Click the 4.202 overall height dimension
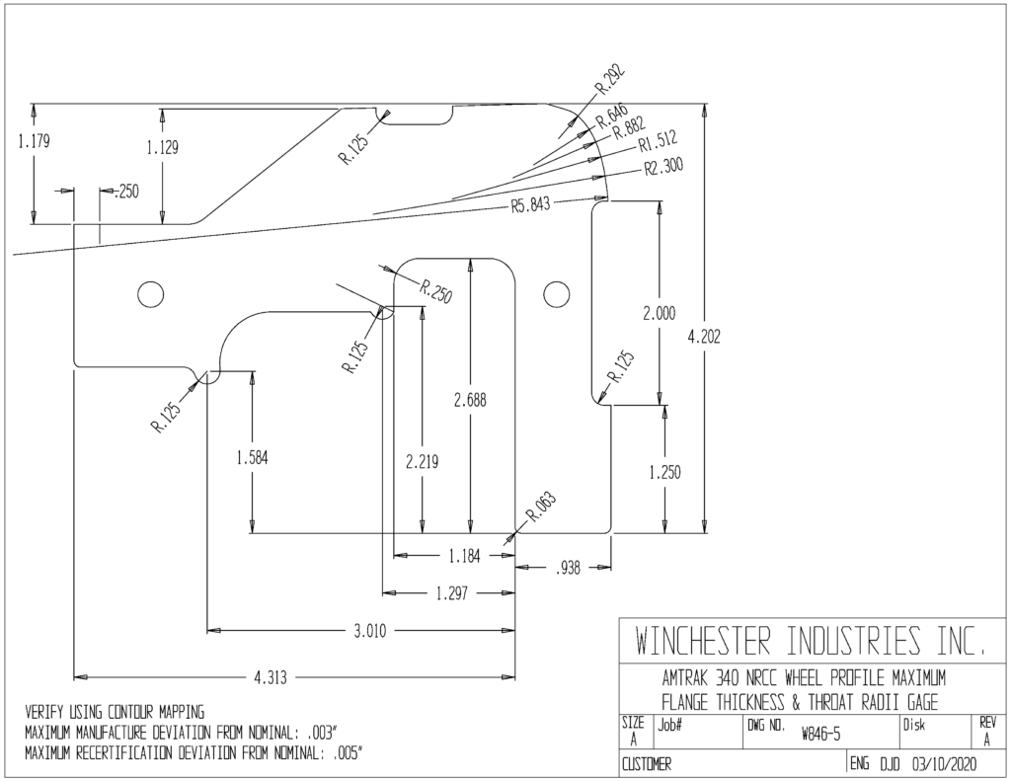coord(704,337)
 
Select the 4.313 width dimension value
coord(271,677)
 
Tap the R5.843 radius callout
coord(530,205)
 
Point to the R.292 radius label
coord(610,79)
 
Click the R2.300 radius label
coord(663,167)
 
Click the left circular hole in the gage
coord(150,294)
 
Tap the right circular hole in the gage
coord(556,294)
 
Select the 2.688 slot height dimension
coord(470,401)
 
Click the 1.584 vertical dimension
coord(253,458)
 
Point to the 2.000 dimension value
coord(660,314)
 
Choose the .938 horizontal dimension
coord(568,568)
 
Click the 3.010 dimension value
coord(370,631)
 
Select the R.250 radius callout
coord(436,291)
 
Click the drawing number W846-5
coord(821,734)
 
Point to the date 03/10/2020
coord(944,765)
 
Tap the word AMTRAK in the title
coord(685,677)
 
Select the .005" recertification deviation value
coord(348,753)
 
